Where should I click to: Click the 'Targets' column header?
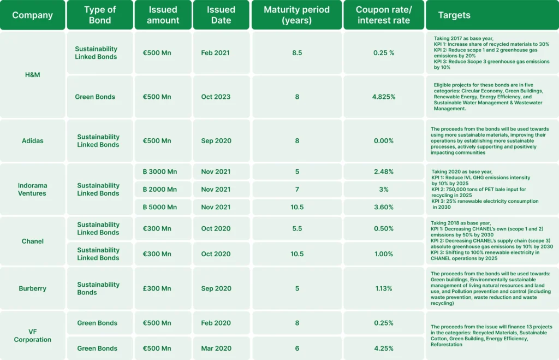coord(454,15)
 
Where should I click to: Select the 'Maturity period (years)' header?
coord(297,15)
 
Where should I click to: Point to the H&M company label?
coord(32,75)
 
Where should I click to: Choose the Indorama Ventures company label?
coord(32,190)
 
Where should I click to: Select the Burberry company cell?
coord(32,288)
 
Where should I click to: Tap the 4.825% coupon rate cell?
coord(384,97)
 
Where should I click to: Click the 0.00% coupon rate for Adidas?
coord(384,140)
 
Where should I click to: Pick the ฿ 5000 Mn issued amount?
coord(159,207)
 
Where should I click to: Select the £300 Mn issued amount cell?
coord(157,288)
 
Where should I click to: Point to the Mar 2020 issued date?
coord(216,348)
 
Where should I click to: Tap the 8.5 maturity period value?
coord(297,53)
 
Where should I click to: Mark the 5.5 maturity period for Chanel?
coord(297,228)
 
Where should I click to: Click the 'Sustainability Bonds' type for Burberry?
coord(98,288)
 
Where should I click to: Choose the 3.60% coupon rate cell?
coord(384,207)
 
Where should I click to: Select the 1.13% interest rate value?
coord(384,288)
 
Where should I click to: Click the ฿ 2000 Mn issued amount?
coord(159,189)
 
